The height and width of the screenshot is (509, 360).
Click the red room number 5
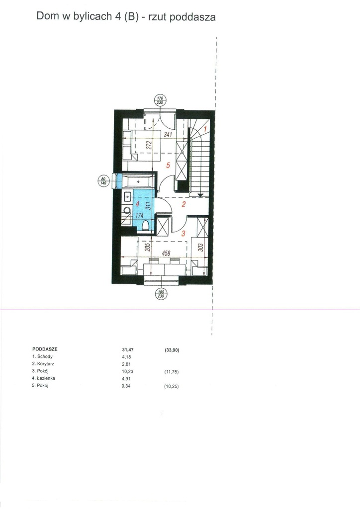pyautogui.click(x=168, y=165)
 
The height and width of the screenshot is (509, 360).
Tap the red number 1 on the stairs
pyautogui.click(x=205, y=129)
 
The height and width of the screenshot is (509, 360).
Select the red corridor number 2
pyautogui.click(x=184, y=204)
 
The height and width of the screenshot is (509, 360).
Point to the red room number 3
pyautogui.click(x=183, y=233)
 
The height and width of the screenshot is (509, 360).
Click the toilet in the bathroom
pyautogui.click(x=146, y=225)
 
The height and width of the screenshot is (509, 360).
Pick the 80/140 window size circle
pyautogui.click(x=103, y=181)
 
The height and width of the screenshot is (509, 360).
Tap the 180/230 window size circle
pyautogui.click(x=161, y=294)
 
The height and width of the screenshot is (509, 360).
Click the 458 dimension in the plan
pyautogui.click(x=166, y=253)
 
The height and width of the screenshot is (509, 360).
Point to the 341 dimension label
pyautogui.click(x=168, y=134)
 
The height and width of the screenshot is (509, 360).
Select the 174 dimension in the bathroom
pyautogui.click(x=139, y=215)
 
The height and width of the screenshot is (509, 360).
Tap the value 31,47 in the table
pyautogui.click(x=128, y=349)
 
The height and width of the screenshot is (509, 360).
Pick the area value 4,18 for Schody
pyautogui.click(x=126, y=357)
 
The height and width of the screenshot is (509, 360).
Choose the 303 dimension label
pyautogui.click(x=200, y=248)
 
